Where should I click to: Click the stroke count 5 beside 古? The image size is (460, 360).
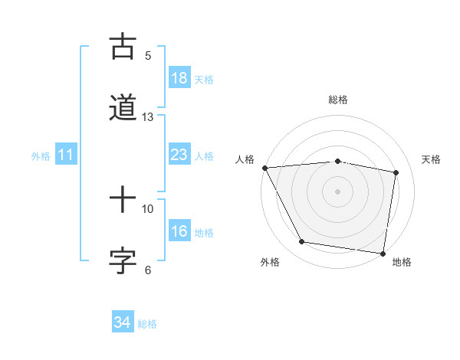pyautogui.click(x=148, y=55)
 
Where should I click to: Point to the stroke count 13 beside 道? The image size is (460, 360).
pyautogui.click(x=148, y=117)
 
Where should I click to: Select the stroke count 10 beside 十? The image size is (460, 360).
pyautogui.click(x=148, y=208)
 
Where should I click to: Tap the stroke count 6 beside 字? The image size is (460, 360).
pyautogui.click(x=148, y=270)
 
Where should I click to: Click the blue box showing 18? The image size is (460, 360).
pyautogui.click(x=179, y=78)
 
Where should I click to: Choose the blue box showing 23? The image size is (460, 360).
pyautogui.click(x=179, y=155)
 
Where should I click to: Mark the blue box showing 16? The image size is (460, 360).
pyautogui.click(x=179, y=231)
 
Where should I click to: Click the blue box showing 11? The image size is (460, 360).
pyautogui.click(x=66, y=155)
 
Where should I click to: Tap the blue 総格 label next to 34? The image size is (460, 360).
pyautogui.click(x=147, y=324)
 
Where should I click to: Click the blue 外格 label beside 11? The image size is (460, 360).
pyautogui.click(x=41, y=156)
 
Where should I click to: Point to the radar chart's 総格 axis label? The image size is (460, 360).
pyautogui.click(x=338, y=100)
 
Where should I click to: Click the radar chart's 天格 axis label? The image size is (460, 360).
pyautogui.click(x=432, y=159)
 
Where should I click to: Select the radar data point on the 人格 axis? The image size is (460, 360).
pyautogui.click(x=264, y=168)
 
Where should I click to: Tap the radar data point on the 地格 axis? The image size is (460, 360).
pyautogui.click(x=383, y=253)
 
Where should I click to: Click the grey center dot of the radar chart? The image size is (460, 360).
pyautogui.click(x=338, y=191)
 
